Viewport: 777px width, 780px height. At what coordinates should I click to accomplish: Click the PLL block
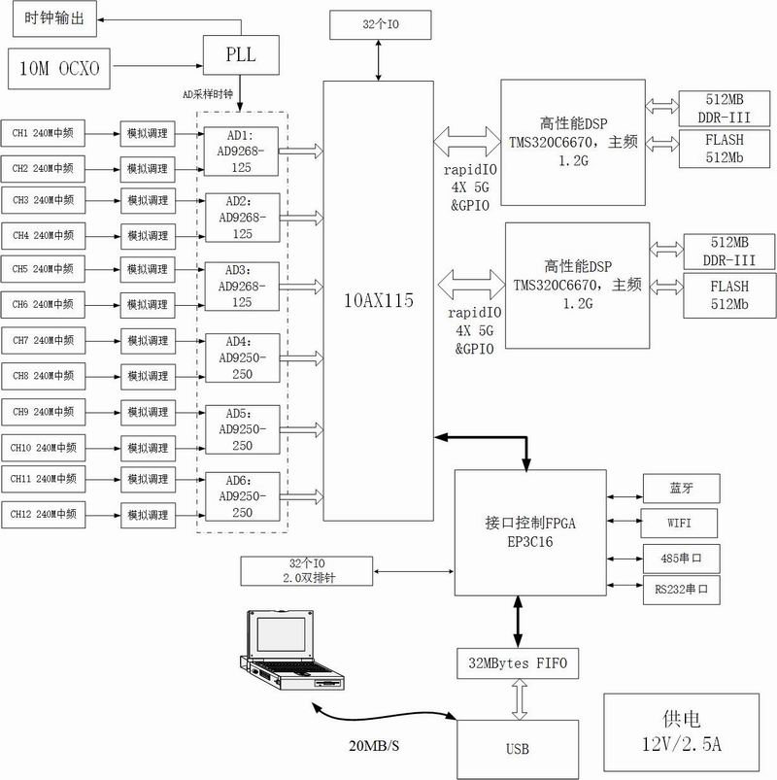[x=241, y=54]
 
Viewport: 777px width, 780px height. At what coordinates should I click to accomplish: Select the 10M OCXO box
[x=58, y=69]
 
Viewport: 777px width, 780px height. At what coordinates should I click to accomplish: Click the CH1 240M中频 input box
[x=44, y=131]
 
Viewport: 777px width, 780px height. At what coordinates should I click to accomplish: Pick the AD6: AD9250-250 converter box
[x=241, y=498]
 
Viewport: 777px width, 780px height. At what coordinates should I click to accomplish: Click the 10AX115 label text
[x=378, y=301]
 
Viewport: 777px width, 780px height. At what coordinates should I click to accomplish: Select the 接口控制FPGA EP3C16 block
[x=528, y=533]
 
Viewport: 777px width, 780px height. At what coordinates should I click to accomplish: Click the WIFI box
[x=681, y=523]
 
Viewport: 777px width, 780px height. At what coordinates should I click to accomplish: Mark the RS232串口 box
[x=681, y=589]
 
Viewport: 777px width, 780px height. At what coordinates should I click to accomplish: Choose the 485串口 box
[x=681, y=557]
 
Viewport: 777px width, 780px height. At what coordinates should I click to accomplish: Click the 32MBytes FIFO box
[x=518, y=664]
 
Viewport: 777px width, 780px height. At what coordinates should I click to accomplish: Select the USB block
[x=518, y=749]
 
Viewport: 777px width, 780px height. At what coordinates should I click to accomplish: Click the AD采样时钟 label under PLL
[x=211, y=94]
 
